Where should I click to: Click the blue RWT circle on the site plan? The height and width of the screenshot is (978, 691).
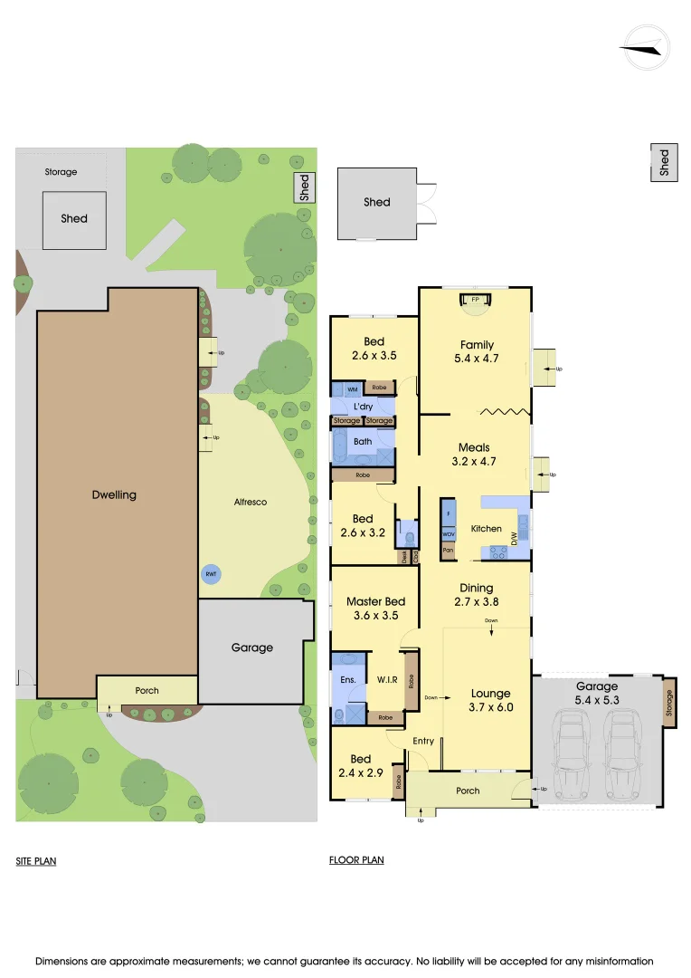point(211,573)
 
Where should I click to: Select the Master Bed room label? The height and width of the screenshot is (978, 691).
point(375,601)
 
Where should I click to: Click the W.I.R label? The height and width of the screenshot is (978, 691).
point(388,679)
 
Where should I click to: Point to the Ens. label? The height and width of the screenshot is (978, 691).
point(348,679)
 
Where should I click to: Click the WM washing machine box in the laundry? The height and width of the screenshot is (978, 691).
point(352,389)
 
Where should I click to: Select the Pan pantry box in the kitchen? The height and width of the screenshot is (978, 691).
point(448,550)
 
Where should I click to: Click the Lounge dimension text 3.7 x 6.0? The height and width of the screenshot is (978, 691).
point(491,707)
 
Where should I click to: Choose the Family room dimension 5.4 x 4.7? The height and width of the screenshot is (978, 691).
point(477,358)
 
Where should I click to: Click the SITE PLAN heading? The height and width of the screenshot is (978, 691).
point(36,861)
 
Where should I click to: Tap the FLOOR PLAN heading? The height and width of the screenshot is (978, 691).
point(356,859)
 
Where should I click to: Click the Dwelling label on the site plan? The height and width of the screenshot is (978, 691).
point(115,494)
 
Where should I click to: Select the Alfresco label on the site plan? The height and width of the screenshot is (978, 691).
point(251,502)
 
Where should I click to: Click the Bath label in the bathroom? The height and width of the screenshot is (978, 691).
point(363,442)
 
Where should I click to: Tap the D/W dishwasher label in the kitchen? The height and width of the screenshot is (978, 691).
point(515,538)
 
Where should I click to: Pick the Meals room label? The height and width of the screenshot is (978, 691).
point(474,447)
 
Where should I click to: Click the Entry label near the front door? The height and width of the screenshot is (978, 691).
point(423,741)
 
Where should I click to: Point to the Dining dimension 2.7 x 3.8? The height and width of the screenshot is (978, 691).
point(476,600)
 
